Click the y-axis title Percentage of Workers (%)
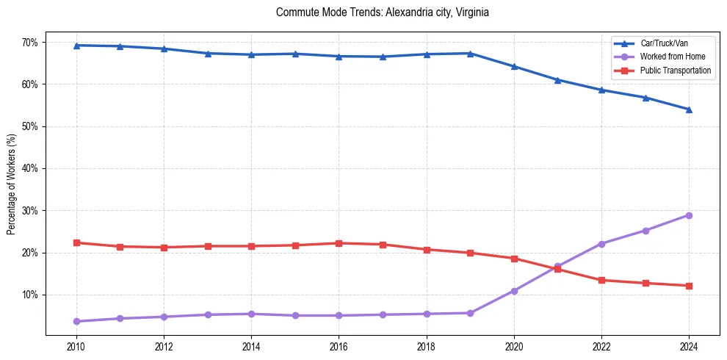point(11,184)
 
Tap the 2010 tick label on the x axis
point(76,345)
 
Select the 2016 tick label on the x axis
point(339,345)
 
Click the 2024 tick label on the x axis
point(689,345)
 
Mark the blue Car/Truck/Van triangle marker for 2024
point(689,109)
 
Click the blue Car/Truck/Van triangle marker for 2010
point(76,46)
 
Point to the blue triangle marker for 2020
point(514,66)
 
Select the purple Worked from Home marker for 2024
point(689,215)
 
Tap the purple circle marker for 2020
point(514,291)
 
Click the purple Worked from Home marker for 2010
point(76,321)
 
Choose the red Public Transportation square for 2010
point(76,242)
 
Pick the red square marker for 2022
point(601,280)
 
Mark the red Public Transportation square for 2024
point(689,286)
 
